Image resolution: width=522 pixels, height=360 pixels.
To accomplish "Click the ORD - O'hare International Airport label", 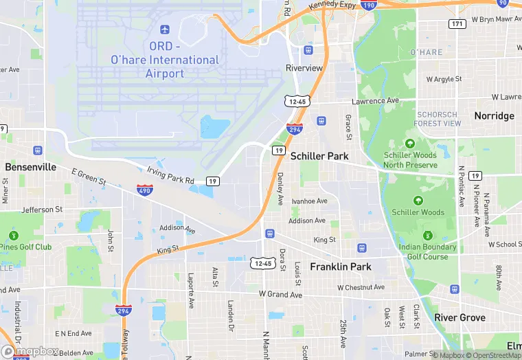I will pos(164,60).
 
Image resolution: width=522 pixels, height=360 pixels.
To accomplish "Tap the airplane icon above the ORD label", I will pos(164,29).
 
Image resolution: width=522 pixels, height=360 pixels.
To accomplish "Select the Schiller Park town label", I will pos(319,156).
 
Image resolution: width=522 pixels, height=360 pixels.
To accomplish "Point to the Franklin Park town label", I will pos(341,266).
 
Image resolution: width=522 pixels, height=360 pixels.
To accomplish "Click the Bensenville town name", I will pos(30,167).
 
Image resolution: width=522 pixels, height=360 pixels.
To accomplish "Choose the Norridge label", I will pos(494,115).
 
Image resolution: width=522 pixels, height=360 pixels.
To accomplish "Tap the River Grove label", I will pos(459,317).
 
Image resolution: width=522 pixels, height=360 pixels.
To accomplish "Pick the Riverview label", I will pos(304,68).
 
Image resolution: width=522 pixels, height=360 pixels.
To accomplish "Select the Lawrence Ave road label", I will pos(375,101).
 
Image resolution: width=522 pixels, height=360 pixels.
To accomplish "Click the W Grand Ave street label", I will pos(280,295).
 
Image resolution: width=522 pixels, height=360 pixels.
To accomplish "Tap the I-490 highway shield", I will pos(144,190).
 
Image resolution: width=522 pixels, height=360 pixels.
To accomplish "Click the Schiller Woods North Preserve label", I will pos(410,160).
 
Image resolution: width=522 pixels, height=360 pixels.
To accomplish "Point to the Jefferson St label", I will pos(42,210).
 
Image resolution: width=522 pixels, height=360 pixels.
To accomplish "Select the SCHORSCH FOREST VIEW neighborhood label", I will pos(438,118).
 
